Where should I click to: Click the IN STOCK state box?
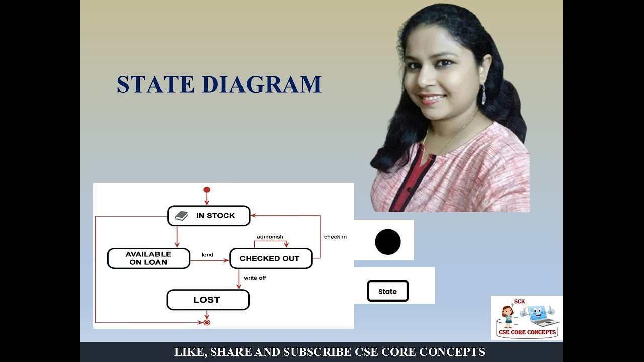click(208, 216)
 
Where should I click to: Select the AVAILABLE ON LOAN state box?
click(148, 258)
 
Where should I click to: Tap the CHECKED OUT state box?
click(271, 258)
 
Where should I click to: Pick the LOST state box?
click(207, 300)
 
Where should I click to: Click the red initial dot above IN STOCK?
click(206, 190)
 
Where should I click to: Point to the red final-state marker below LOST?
click(206, 322)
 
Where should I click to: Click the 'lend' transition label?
click(207, 255)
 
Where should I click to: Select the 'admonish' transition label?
click(270, 237)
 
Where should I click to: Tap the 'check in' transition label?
click(335, 237)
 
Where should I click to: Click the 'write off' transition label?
click(255, 278)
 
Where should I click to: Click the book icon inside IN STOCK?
click(181, 216)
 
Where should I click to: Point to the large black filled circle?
click(388, 242)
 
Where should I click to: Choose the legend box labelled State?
click(387, 291)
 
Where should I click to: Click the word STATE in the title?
click(155, 84)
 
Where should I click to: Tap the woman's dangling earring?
click(484, 95)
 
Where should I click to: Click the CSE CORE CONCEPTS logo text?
click(527, 332)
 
